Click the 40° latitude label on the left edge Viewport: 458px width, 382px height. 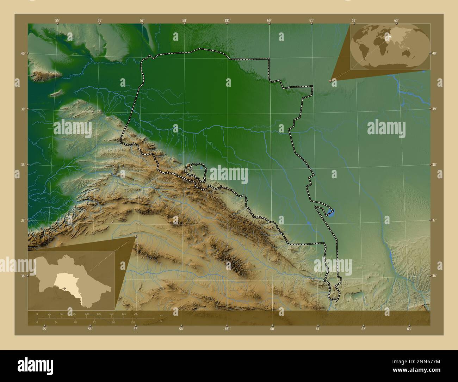point(22,54)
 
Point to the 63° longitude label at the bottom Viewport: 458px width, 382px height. point(409,329)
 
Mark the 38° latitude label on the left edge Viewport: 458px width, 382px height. point(22,165)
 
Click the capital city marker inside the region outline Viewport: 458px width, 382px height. point(189,165)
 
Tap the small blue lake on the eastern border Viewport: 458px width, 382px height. point(330,212)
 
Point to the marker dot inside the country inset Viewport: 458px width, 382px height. point(64,288)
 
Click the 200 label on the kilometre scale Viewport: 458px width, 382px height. point(136,314)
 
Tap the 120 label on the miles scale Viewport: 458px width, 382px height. point(132,322)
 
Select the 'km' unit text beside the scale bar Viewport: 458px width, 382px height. point(161,315)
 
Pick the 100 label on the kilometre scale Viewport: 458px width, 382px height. point(86,314)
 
